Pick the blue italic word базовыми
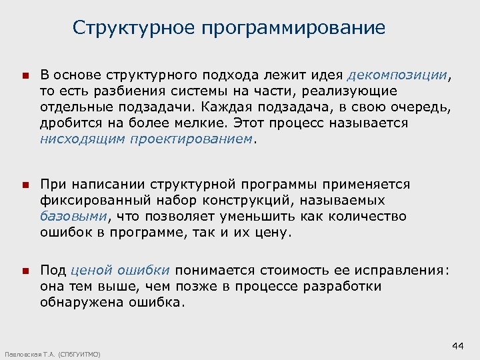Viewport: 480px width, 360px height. click(x=74, y=216)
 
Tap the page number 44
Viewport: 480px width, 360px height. click(x=457, y=345)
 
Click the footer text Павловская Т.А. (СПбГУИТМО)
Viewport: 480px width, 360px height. click(x=52, y=354)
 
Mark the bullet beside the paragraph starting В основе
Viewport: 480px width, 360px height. click(x=24, y=76)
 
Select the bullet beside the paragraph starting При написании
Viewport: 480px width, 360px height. click(x=24, y=185)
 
